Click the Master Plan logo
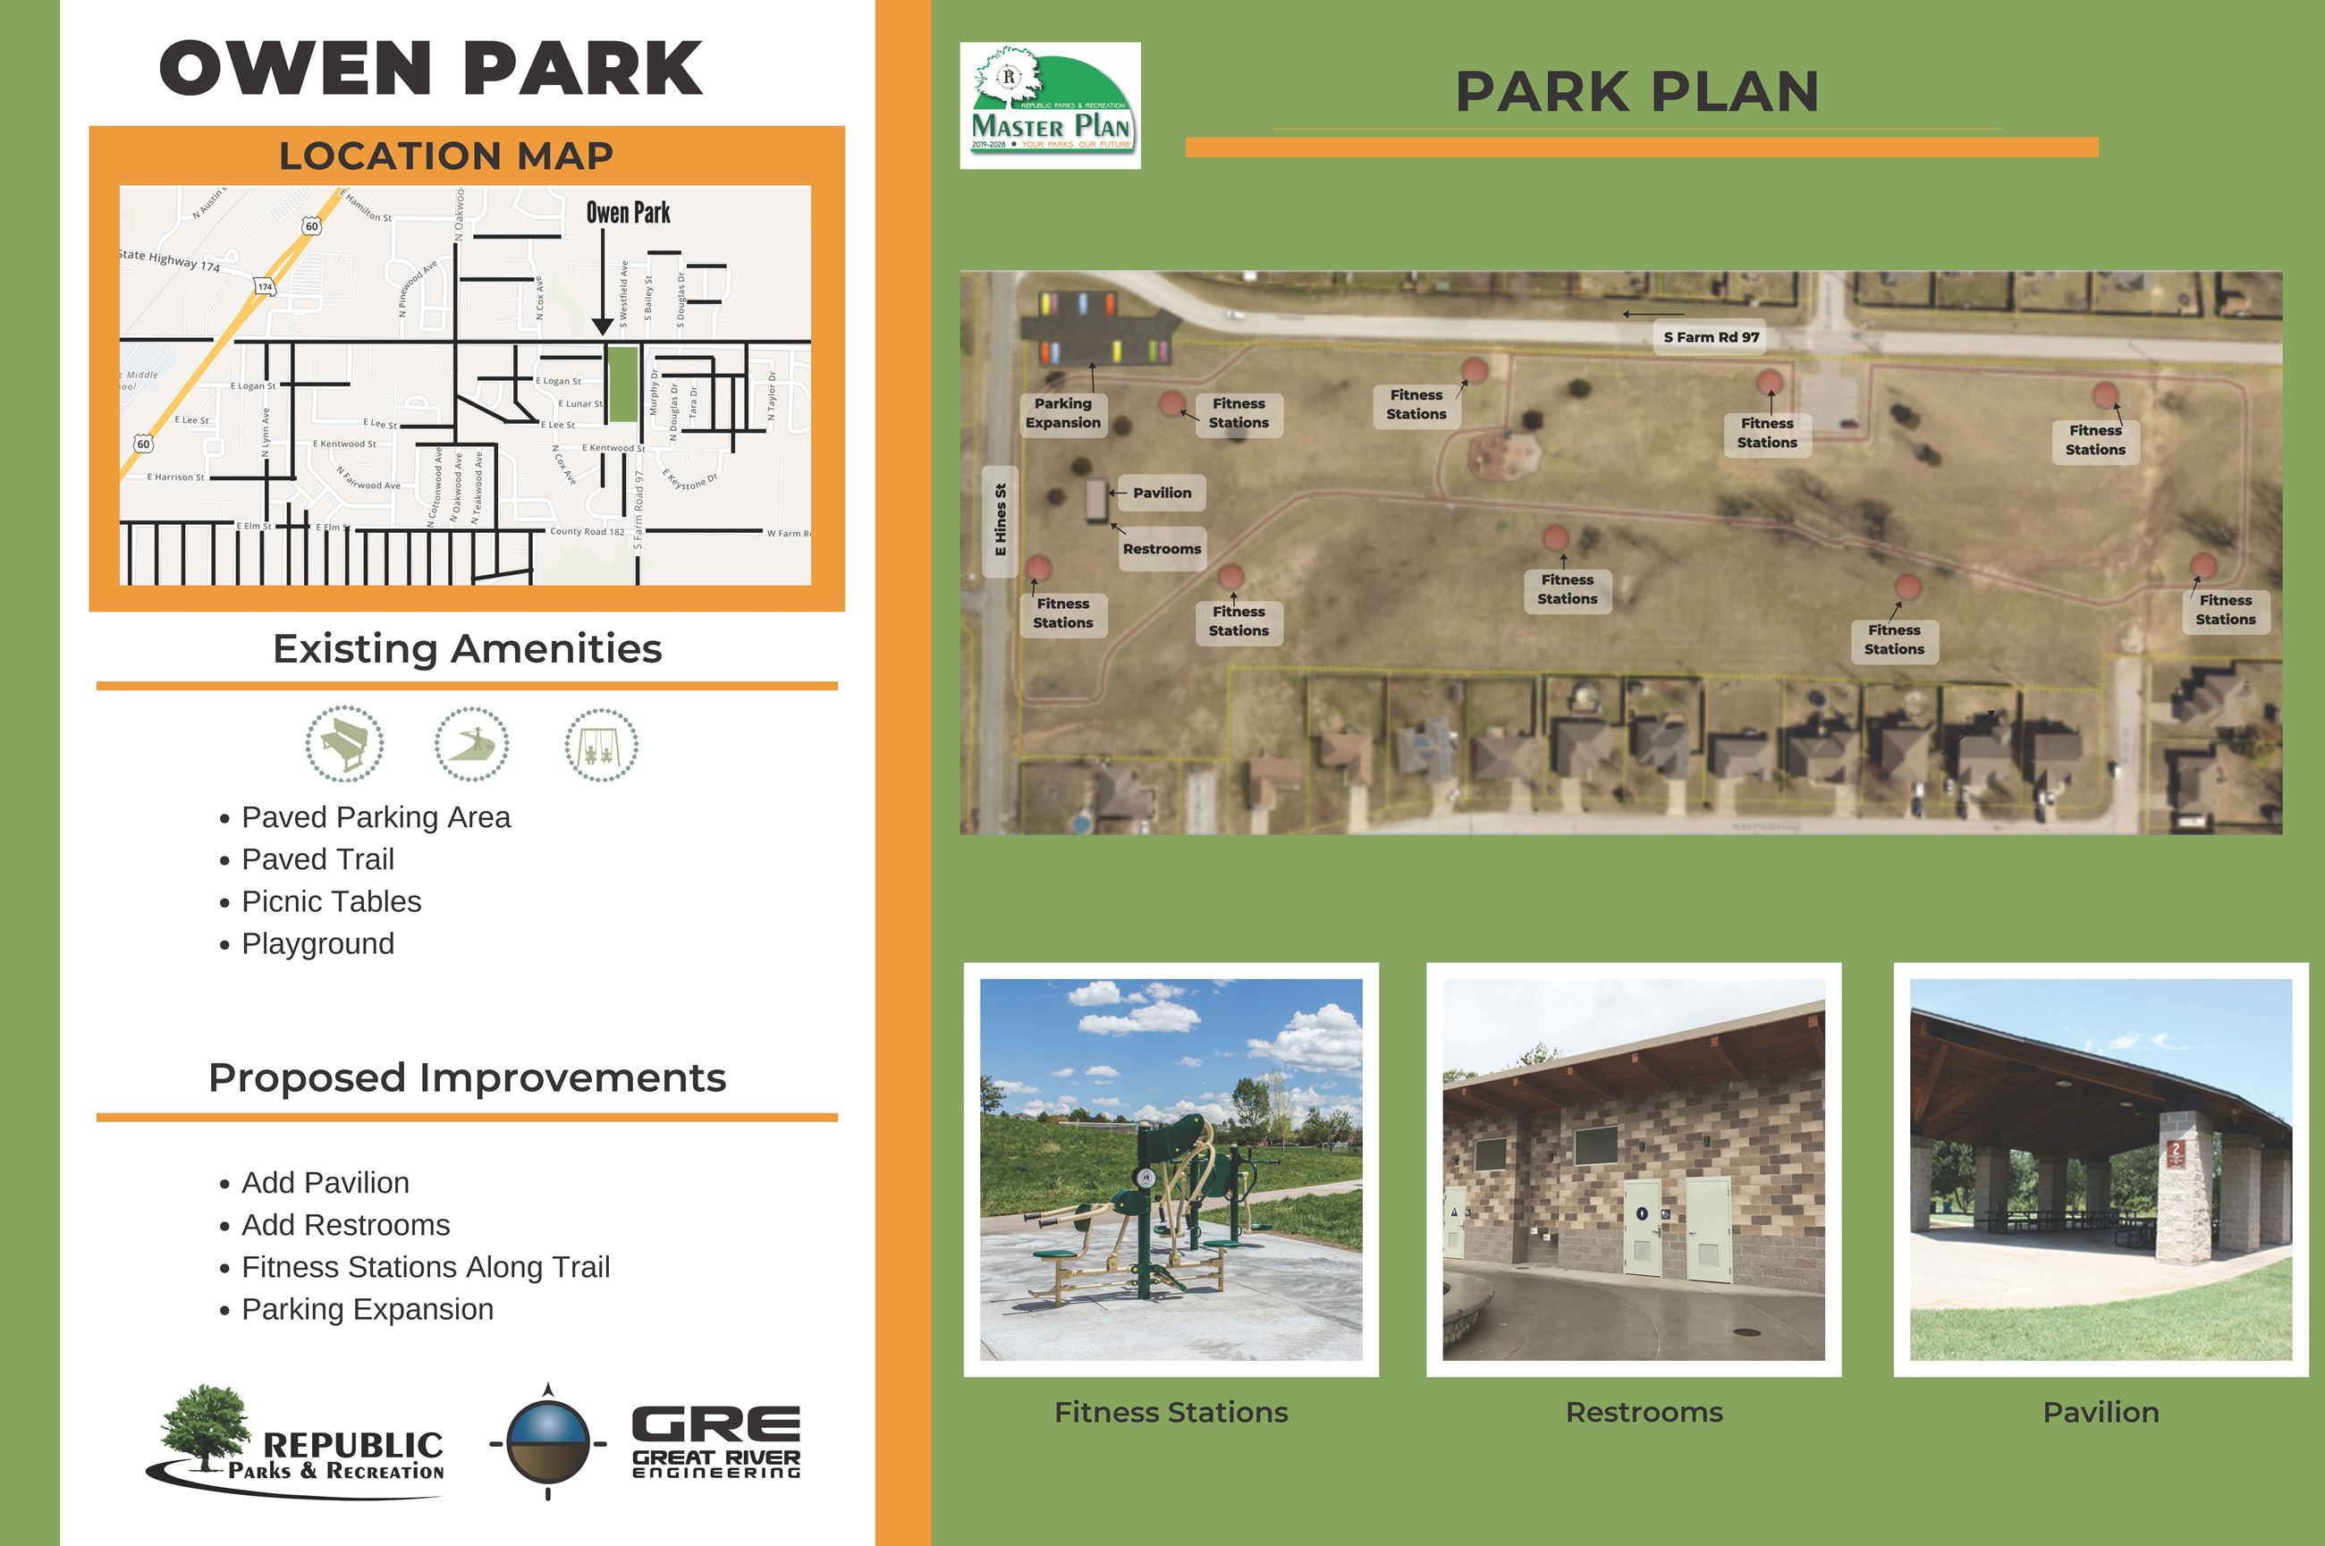1050,106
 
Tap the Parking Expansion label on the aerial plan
1062,413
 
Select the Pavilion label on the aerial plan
1162,493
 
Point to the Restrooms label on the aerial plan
1162,549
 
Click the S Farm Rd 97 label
1711,337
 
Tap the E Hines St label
1001,520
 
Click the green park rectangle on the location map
621,384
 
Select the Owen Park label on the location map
628,213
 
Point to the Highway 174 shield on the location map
266,287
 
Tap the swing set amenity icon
601,745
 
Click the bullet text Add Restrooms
345,1225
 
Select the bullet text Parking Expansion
367,1309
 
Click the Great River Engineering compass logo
548,1441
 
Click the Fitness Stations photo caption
1171,1412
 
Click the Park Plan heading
1636,92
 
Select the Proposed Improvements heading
467,1077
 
